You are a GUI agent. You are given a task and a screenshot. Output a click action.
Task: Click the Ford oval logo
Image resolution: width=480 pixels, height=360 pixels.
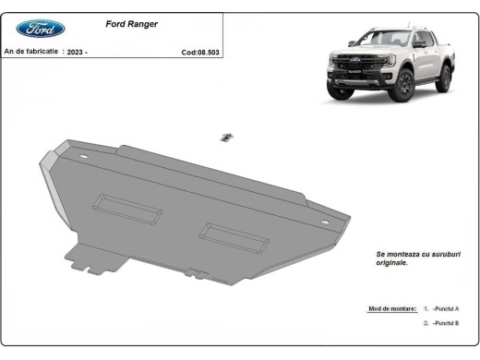(41, 29)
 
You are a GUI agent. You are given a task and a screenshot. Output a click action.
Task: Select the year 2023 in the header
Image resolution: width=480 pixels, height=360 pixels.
(77, 53)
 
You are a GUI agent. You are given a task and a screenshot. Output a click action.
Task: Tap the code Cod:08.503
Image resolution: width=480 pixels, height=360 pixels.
(201, 53)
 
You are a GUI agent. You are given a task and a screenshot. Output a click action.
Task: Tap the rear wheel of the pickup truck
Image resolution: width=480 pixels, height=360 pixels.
(445, 78)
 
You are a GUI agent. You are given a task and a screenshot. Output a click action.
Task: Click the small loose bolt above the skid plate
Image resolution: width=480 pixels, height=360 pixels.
(224, 138)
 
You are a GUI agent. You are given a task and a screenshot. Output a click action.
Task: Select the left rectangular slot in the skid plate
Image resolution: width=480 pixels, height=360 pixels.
(127, 210)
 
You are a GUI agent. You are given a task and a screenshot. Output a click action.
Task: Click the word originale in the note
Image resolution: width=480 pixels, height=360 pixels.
(392, 263)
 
